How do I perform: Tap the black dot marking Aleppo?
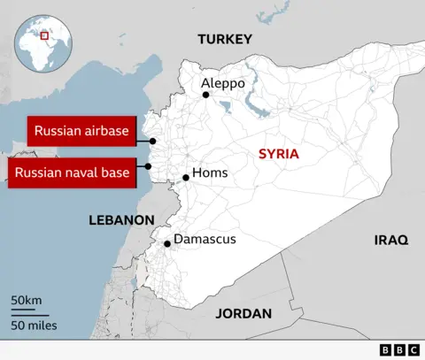[x=205, y=95]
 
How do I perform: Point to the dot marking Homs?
[x=186, y=178]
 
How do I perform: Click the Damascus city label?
[x=204, y=239]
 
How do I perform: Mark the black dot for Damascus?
[x=167, y=242]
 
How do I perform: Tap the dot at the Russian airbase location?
[x=153, y=141]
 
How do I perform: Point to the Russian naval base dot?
[x=149, y=165]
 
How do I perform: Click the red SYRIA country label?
[x=278, y=154]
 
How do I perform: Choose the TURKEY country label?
[x=225, y=39]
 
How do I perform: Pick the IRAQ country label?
[x=390, y=240]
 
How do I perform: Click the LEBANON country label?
[x=122, y=218]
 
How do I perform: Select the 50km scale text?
[x=27, y=302]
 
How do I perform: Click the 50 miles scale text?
[x=35, y=326]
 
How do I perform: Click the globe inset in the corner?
[x=42, y=43]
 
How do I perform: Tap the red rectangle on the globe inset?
[x=44, y=35]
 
